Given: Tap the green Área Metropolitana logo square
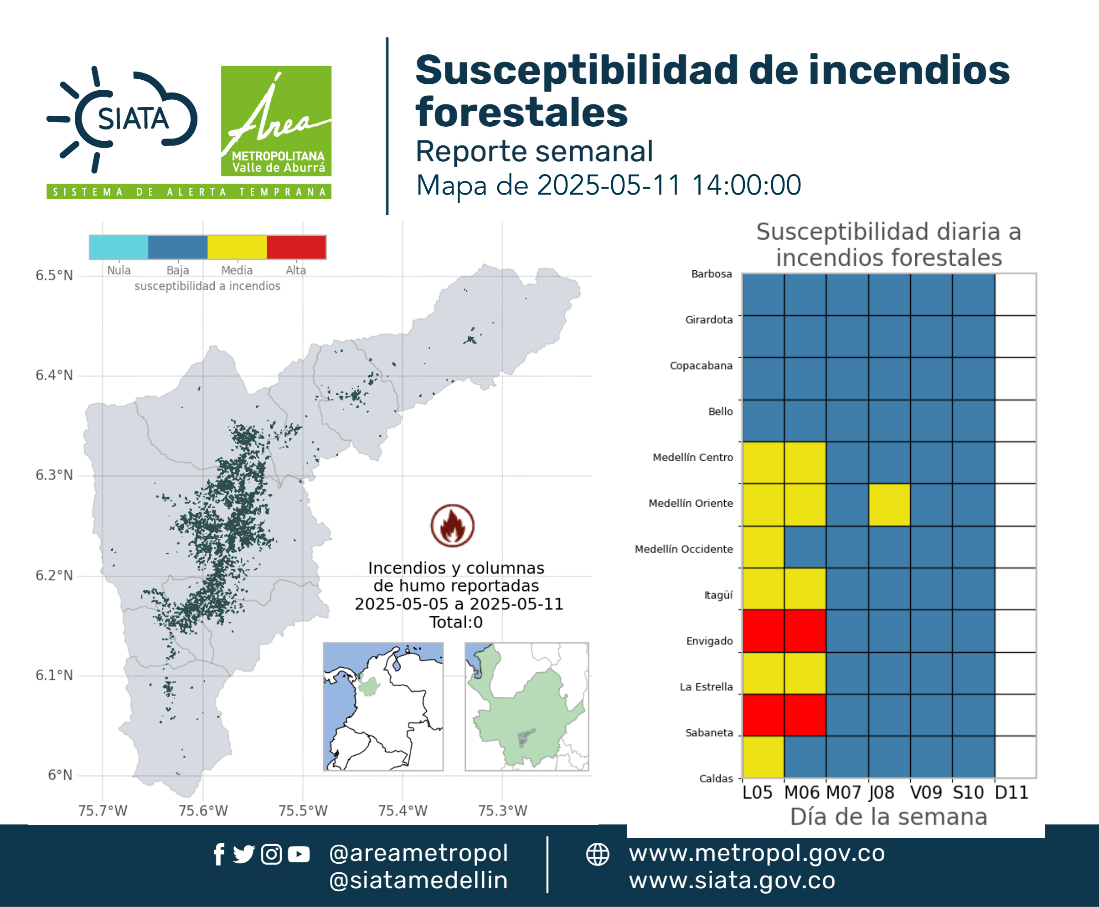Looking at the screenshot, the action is tap(276, 121).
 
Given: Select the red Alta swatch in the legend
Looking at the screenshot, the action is tap(296, 247).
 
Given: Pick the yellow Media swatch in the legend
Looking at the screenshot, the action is tap(237, 247).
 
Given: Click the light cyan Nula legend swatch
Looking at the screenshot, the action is tap(119, 247).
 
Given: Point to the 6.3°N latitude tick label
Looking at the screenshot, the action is tap(54, 475).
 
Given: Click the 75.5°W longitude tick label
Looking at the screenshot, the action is tap(303, 811).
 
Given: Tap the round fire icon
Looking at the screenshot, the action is tap(453, 526).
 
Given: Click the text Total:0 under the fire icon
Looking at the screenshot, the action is tap(456, 622).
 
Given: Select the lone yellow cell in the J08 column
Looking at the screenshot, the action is tap(889, 505).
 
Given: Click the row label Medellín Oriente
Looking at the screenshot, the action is tap(691, 503).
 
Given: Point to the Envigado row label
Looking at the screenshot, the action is tap(710, 641).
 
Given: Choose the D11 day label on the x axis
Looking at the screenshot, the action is tap(1012, 793).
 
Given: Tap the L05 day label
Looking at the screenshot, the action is tap(757, 793).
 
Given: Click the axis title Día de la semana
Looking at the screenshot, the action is tap(889, 817).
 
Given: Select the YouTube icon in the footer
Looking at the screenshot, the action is tap(299, 855).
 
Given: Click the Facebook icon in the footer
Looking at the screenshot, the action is tap(219, 855).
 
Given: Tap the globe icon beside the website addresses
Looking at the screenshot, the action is tap(598, 855).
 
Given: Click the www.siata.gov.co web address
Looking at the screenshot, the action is tap(732, 881).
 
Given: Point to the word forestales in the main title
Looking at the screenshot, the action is tap(521, 112).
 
